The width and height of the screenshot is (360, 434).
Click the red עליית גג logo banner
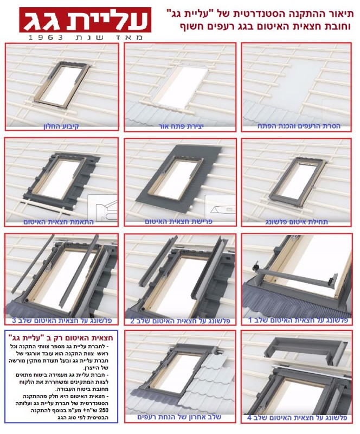(x=85, y=20)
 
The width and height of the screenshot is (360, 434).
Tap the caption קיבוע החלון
(x=61, y=126)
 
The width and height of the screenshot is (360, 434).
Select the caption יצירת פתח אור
(x=181, y=126)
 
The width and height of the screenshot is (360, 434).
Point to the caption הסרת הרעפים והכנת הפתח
(x=299, y=126)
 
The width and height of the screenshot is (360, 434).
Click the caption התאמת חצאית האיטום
(x=59, y=222)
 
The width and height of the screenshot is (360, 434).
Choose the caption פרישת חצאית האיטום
(x=178, y=222)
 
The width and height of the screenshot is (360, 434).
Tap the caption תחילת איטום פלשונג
(x=297, y=222)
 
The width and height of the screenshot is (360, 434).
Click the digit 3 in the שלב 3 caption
(x=14, y=321)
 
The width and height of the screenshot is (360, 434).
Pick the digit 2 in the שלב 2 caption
(x=132, y=321)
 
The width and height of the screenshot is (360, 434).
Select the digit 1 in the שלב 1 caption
(x=250, y=321)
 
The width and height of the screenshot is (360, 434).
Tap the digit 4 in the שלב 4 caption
(x=249, y=418)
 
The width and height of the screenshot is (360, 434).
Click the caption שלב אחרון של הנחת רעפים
(x=179, y=417)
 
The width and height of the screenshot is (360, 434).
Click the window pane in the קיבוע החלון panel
(x=63, y=85)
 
